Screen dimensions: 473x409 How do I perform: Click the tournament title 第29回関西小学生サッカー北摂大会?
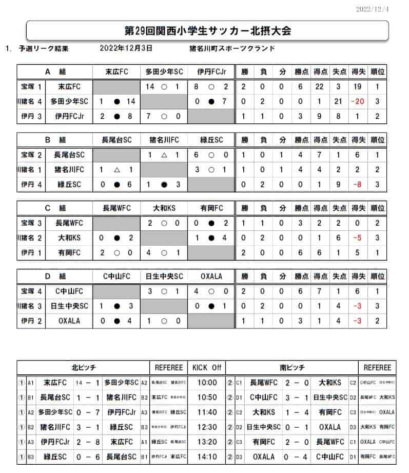pyautogui.click(x=208, y=30)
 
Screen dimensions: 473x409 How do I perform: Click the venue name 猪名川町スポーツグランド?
pyautogui.click(x=232, y=49)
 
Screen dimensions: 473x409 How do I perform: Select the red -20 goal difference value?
pyautogui.click(x=357, y=102)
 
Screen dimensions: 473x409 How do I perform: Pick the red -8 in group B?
pyautogui.click(x=358, y=184)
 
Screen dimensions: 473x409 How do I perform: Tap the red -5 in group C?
pyautogui.click(x=358, y=238)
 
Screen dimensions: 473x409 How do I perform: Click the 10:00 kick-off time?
pyautogui.click(x=206, y=383)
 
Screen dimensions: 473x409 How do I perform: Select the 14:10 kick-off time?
pyautogui.click(x=206, y=457)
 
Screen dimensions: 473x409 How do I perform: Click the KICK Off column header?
pyautogui.click(x=206, y=367)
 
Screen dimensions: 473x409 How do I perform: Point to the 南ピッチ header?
pyautogui.click(x=292, y=367)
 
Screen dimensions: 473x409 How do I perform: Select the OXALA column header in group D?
pyautogui.click(x=211, y=277)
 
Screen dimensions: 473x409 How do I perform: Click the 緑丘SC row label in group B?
pyautogui.click(x=67, y=184)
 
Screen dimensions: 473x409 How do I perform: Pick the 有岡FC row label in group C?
pyautogui.click(x=67, y=252)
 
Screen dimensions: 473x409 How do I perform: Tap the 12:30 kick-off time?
pyautogui.click(x=206, y=427)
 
